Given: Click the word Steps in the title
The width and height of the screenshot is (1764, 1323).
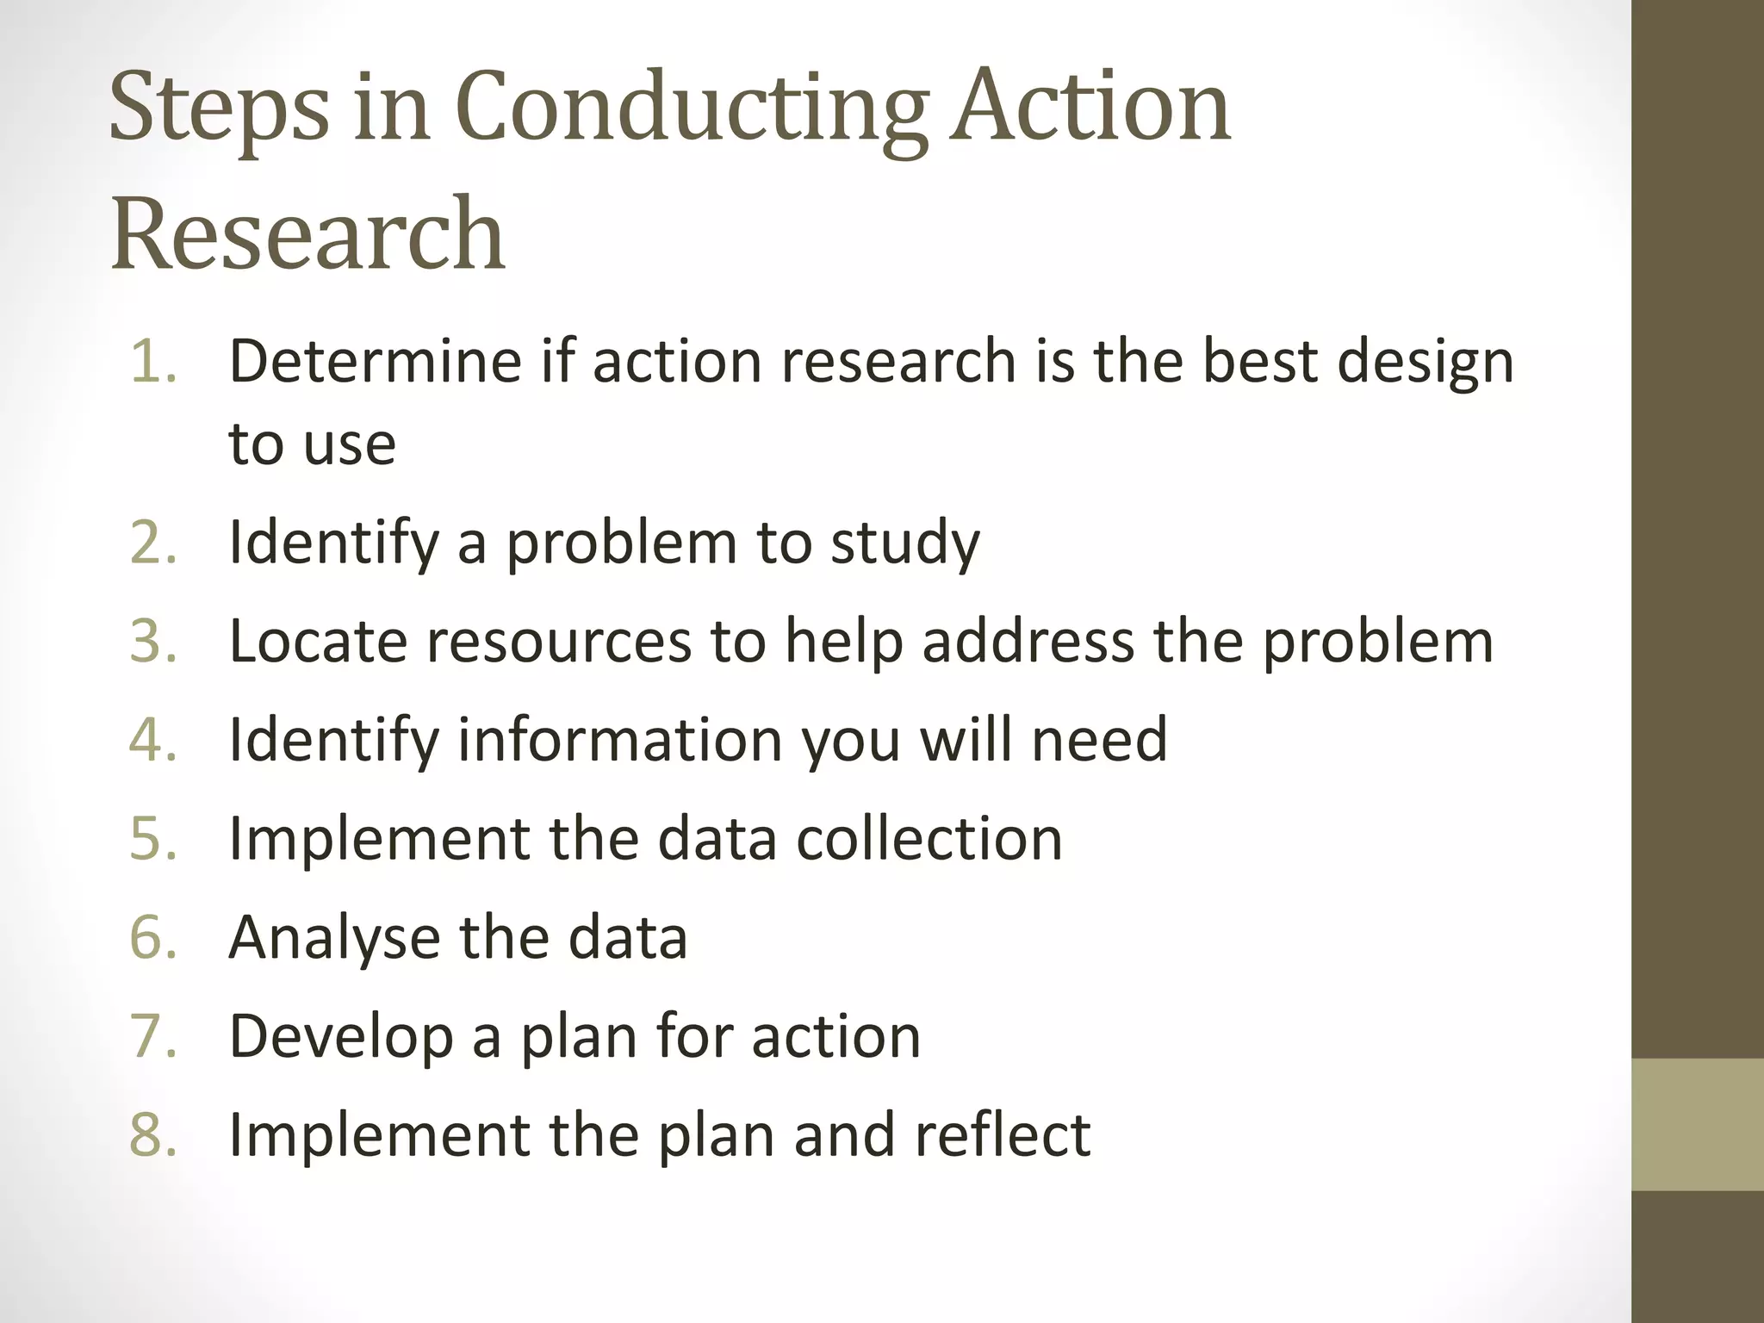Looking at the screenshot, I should tap(219, 109).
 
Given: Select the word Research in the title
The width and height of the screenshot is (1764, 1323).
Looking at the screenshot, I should tap(307, 233).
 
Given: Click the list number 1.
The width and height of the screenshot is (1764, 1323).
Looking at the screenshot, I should tap(153, 360).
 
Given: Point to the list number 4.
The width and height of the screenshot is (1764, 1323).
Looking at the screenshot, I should tap(153, 740).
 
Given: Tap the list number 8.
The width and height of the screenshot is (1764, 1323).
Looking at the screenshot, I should tap(153, 1134).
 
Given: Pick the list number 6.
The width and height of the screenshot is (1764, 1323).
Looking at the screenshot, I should tap(153, 937).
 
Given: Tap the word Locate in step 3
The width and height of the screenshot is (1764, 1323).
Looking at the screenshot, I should tap(318, 642).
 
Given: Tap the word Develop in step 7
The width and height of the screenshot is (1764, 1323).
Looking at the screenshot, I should tap(341, 1037).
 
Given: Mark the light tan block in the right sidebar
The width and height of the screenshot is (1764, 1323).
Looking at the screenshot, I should tap(1698, 1124).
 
